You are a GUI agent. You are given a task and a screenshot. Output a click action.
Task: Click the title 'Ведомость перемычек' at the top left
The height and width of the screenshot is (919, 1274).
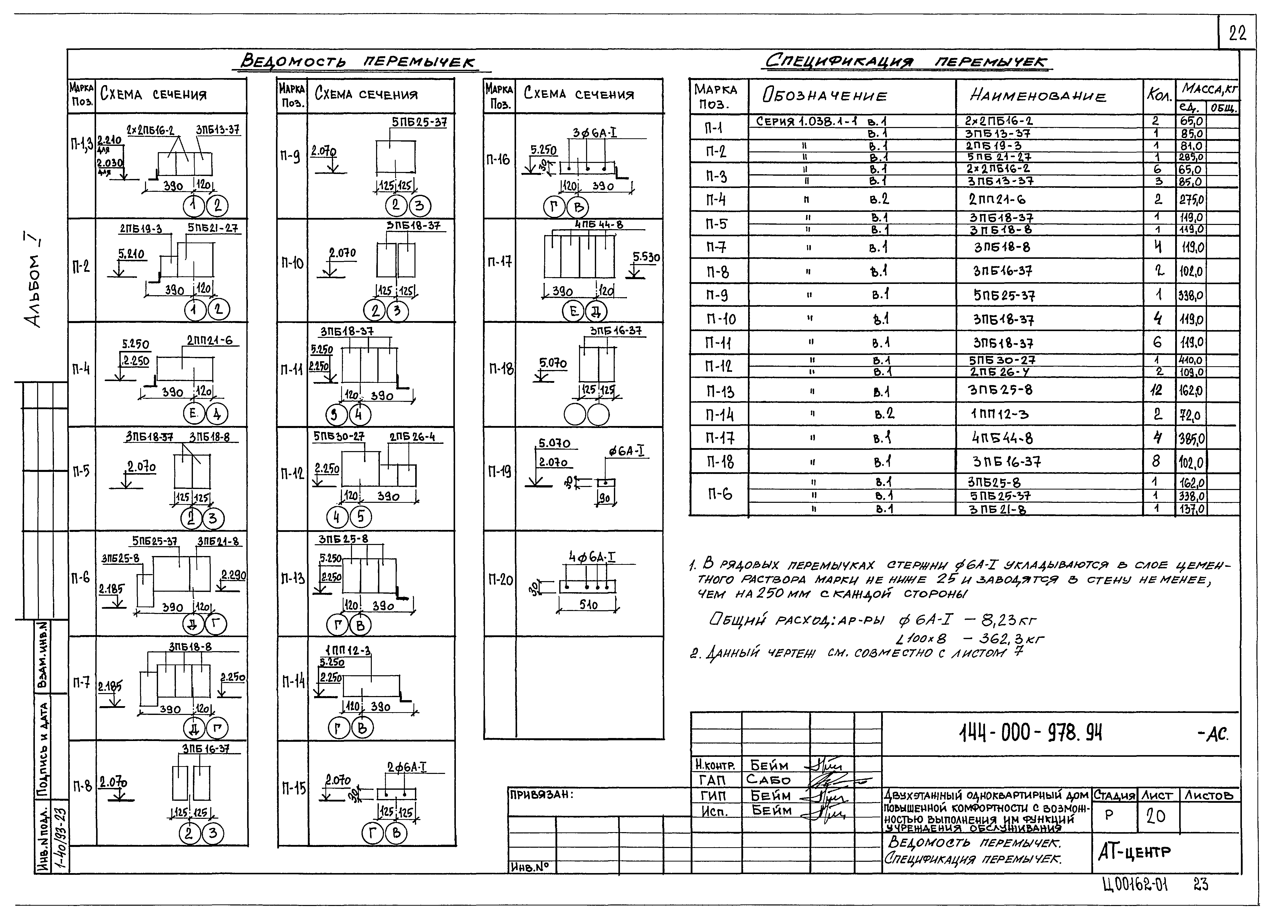(358, 62)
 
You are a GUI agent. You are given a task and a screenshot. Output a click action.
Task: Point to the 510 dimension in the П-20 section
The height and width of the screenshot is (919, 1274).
(588, 605)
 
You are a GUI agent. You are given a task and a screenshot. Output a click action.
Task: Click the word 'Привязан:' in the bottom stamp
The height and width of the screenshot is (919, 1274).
(541, 795)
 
